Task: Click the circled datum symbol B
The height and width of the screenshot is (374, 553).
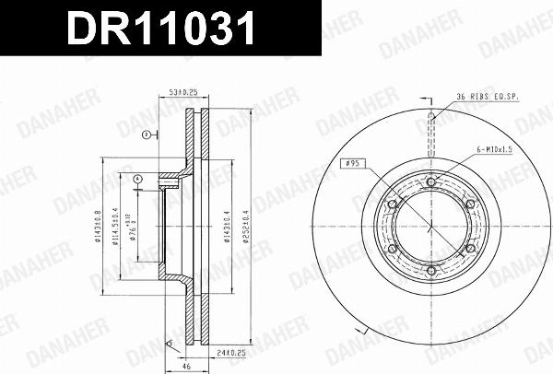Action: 146,135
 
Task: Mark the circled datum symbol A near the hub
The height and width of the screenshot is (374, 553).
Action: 137,178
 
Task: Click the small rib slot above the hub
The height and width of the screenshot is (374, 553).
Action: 430,117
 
